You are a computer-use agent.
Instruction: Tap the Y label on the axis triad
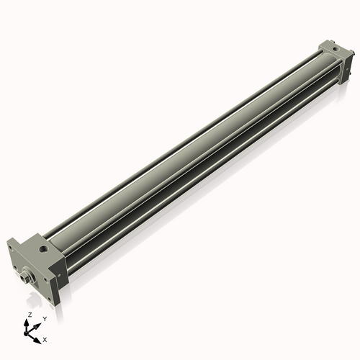pyautogui.click(x=45, y=318)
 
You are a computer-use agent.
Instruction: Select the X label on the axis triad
pyautogui.click(x=45, y=338)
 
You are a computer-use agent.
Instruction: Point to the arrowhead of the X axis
pyautogui.click(x=38, y=336)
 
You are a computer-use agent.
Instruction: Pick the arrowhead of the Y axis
pyautogui.click(x=38, y=322)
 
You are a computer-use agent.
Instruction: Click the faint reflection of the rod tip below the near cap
pyautogui.click(x=27, y=295)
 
